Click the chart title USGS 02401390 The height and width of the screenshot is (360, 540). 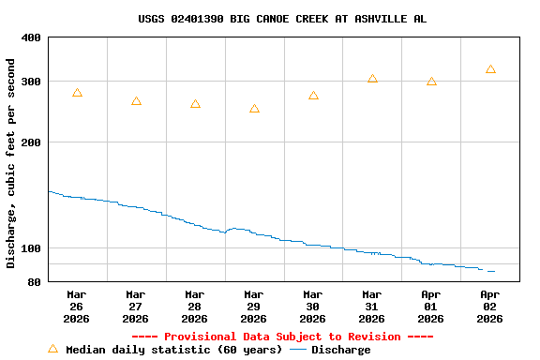[282, 19]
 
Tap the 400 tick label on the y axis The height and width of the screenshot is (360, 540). [31, 37]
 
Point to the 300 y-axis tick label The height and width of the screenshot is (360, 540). [31, 82]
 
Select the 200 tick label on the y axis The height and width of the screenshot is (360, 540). [31, 142]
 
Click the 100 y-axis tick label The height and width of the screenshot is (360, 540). [31, 248]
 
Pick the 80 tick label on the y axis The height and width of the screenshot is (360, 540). [35, 281]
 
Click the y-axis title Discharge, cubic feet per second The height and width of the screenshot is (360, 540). [11, 163]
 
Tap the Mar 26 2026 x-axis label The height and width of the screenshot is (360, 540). [77, 306]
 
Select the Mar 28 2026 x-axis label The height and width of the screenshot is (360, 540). [195, 306]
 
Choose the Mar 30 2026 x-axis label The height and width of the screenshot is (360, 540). [313, 306]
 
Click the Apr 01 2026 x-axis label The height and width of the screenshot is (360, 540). [431, 306]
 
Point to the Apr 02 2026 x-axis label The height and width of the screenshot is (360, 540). [490, 306]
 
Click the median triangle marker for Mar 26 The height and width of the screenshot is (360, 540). [77, 93]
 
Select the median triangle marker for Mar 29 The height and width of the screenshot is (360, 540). [254, 109]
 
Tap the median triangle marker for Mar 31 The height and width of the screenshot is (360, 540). [372, 79]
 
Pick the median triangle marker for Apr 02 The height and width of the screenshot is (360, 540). [490, 69]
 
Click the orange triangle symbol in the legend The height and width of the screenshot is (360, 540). [52, 349]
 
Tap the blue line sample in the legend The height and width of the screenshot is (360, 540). [298, 350]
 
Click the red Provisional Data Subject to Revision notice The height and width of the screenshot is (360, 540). [282, 337]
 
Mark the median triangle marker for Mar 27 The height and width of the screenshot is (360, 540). [136, 101]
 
